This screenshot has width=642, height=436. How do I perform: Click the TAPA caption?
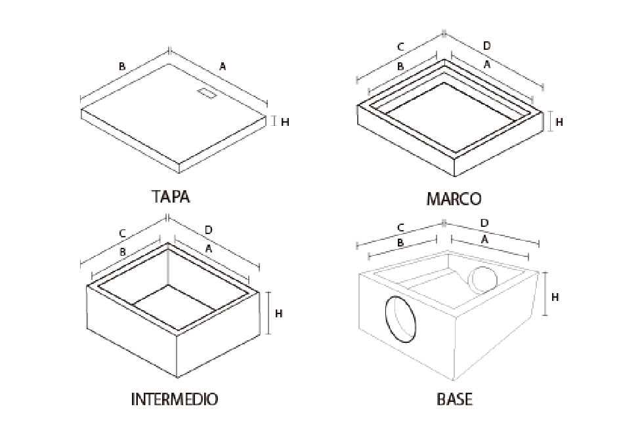(x=171, y=196)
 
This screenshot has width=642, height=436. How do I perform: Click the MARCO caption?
(x=454, y=199)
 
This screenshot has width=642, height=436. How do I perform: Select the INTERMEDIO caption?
(x=175, y=399)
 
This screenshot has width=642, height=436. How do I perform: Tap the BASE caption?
(x=454, y=399)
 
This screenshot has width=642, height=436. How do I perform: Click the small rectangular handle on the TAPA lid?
(x=207, y=93)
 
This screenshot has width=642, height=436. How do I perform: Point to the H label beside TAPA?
(x=285, y=122)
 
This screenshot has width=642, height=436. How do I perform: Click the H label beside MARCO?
(x=559, y=122)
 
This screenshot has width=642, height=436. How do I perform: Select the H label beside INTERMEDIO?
(x=278, y=313)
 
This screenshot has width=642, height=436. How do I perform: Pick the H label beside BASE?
(x=555, y=297)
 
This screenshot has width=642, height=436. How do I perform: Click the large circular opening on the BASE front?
(x=401, y=319)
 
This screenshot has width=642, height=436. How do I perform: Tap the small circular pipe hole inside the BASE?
(x=483, y=280)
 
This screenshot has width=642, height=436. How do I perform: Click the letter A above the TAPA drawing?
(x=223, y=66)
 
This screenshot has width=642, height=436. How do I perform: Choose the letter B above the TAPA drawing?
(x=122, y=66)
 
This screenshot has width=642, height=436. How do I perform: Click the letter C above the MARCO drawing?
(x=401, y=47)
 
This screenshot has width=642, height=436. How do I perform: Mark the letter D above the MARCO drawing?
(x=486, y=46)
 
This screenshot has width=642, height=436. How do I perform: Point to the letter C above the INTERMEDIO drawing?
(x=122, y=234)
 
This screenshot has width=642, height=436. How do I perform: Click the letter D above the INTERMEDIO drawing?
(x=208, y=230)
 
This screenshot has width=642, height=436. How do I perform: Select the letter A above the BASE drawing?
(x=484, y=240)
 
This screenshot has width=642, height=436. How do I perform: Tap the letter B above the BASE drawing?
(x=400, y=243)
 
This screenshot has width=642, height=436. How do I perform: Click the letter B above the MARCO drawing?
(x=400, y=66)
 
